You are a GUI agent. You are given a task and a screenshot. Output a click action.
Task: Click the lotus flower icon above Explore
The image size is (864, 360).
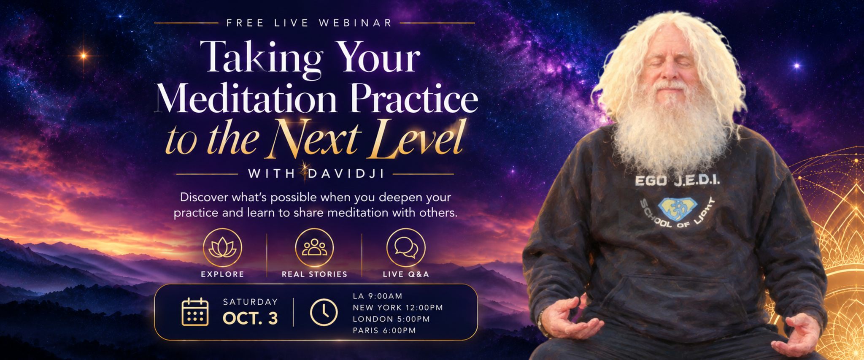coord(222,248)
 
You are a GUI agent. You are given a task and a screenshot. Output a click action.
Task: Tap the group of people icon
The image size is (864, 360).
coord(314,248)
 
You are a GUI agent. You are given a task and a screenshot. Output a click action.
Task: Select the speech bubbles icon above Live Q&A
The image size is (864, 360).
coord(406,248)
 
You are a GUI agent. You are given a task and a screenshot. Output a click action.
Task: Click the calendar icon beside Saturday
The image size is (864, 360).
coord(195,312)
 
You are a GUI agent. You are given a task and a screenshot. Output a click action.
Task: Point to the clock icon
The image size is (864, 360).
coord(324,312)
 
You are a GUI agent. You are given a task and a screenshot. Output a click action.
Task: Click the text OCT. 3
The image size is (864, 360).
coord(250,319)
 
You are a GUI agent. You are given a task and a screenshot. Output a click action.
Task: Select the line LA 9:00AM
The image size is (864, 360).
coord(378,296)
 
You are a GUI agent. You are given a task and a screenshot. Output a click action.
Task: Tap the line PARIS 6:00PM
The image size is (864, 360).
coord(384,330)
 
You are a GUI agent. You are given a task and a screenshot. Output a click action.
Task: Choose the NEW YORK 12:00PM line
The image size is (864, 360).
coord(398,308)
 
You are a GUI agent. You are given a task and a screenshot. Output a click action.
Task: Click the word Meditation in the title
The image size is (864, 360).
coord(247,98)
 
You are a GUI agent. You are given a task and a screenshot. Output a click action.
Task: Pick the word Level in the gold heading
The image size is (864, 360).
coord(418,138)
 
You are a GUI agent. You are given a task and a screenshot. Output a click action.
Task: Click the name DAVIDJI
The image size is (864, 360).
coord(346,173)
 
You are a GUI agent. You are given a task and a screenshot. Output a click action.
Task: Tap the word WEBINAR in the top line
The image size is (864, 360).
coord(356,23)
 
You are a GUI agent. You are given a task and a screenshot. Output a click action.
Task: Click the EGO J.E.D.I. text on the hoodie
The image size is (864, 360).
coord(678,181)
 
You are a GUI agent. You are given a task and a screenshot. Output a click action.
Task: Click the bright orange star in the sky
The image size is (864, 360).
coord(84,55)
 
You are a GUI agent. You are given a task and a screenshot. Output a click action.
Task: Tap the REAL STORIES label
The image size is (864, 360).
coord(314,274)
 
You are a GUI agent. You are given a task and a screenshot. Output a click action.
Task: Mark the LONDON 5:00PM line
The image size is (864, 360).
coord(391,319)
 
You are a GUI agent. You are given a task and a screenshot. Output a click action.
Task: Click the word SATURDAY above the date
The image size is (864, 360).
coord(250,302)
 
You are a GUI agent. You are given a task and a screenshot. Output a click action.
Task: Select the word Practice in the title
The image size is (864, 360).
coord(414,98)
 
